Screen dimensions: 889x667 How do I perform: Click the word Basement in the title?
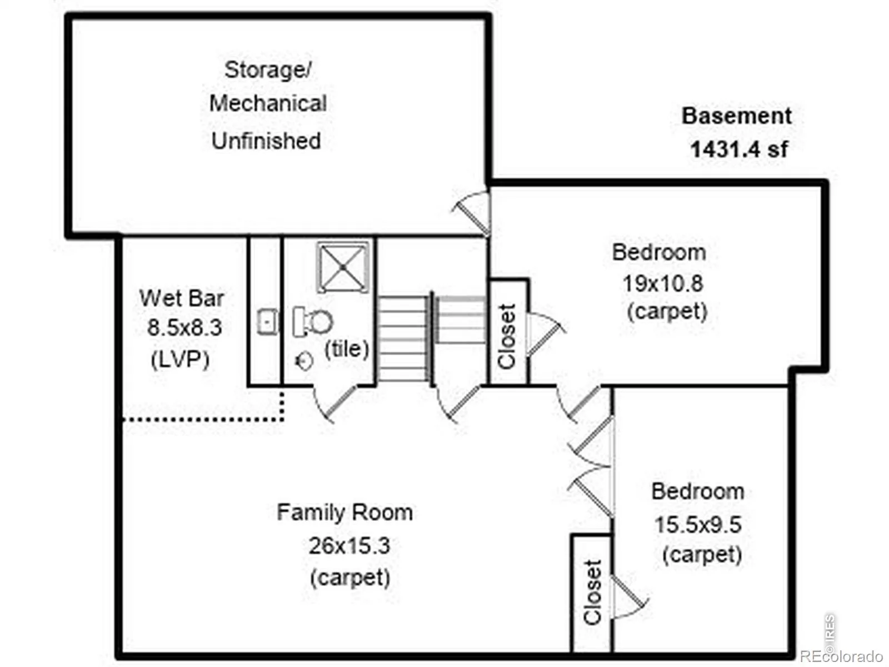[736, 116]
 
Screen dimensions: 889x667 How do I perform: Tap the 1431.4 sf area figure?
[739, 149]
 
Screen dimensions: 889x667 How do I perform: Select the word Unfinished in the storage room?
[266, 141]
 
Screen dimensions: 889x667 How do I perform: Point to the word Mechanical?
[268, 103]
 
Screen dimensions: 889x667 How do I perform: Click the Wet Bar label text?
[181, 298]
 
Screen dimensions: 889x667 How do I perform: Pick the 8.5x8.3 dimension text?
[184, 327]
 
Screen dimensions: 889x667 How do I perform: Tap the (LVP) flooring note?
[180, 359]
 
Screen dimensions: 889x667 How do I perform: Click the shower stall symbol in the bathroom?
[343, 267]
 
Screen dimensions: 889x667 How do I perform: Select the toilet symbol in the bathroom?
[312, 322]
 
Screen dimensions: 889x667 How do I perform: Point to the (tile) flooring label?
[347, 349]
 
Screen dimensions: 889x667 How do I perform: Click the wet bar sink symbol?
[268, 322]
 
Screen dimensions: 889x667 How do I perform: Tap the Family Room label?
[344, 512]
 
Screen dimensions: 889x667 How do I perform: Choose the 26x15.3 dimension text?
[349, 545]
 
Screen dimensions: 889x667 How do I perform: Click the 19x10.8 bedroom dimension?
[663, 283]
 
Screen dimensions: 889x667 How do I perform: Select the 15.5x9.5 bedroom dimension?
[698, 525]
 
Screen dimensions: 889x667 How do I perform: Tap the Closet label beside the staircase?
[507, 336]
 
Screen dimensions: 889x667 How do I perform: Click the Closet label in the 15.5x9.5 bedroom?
[592, 591]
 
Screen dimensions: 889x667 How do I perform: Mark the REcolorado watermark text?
[842, 656]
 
